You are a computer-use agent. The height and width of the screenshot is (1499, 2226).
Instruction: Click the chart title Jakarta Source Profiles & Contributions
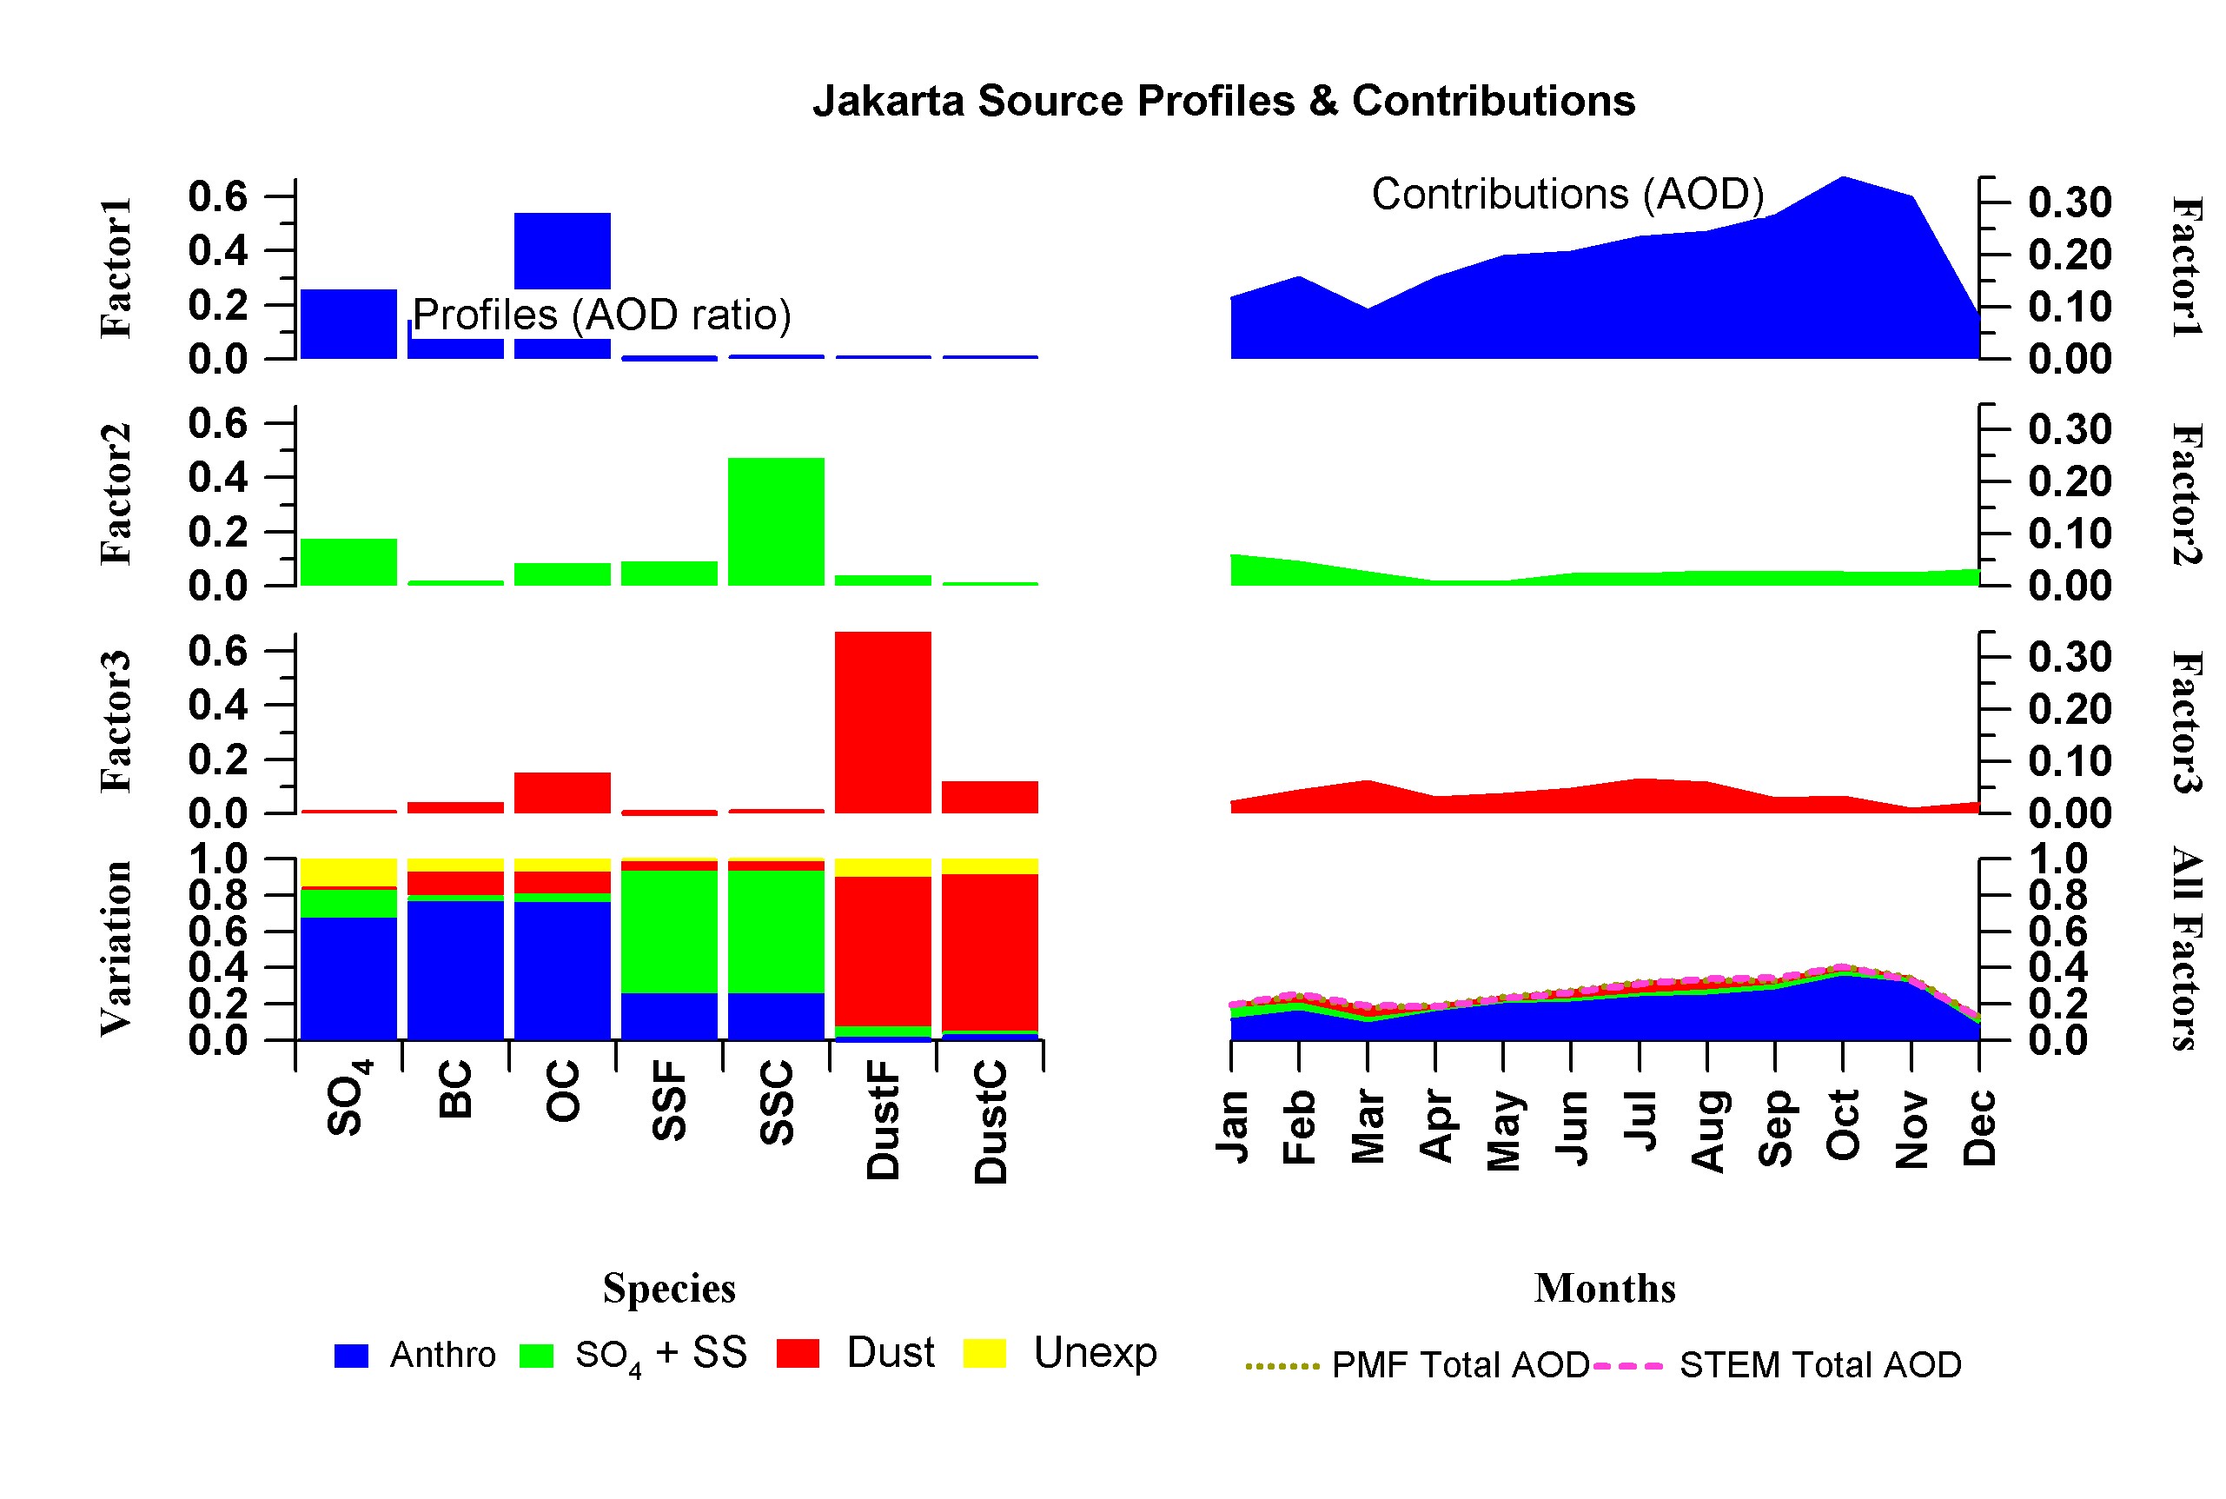point(1223,102)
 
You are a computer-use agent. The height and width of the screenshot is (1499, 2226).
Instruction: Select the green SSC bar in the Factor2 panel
point(775,521)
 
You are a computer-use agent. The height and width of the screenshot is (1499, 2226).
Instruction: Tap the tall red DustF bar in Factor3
point(882,722)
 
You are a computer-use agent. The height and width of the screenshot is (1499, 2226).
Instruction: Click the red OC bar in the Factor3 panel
point(562,793)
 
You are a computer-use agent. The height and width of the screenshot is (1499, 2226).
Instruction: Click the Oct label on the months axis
point(1843,1125)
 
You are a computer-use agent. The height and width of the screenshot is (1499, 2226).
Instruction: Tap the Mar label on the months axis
point(1368,1127)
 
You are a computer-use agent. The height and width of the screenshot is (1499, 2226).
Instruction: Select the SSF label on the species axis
point(669,1101)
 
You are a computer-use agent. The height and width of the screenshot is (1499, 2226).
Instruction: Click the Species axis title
point(669,1289)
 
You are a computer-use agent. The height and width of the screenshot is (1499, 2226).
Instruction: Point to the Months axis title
point(1605,1289)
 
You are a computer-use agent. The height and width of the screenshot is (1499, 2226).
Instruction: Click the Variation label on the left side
point(116,948)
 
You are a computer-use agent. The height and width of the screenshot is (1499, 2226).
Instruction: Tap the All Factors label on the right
point(2187,948)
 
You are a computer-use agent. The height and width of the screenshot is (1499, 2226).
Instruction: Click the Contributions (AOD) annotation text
point(1567,194)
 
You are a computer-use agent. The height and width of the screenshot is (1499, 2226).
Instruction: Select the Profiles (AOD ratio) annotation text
point(601,315)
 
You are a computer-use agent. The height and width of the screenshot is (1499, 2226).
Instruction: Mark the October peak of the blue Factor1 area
point(1843,180)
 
